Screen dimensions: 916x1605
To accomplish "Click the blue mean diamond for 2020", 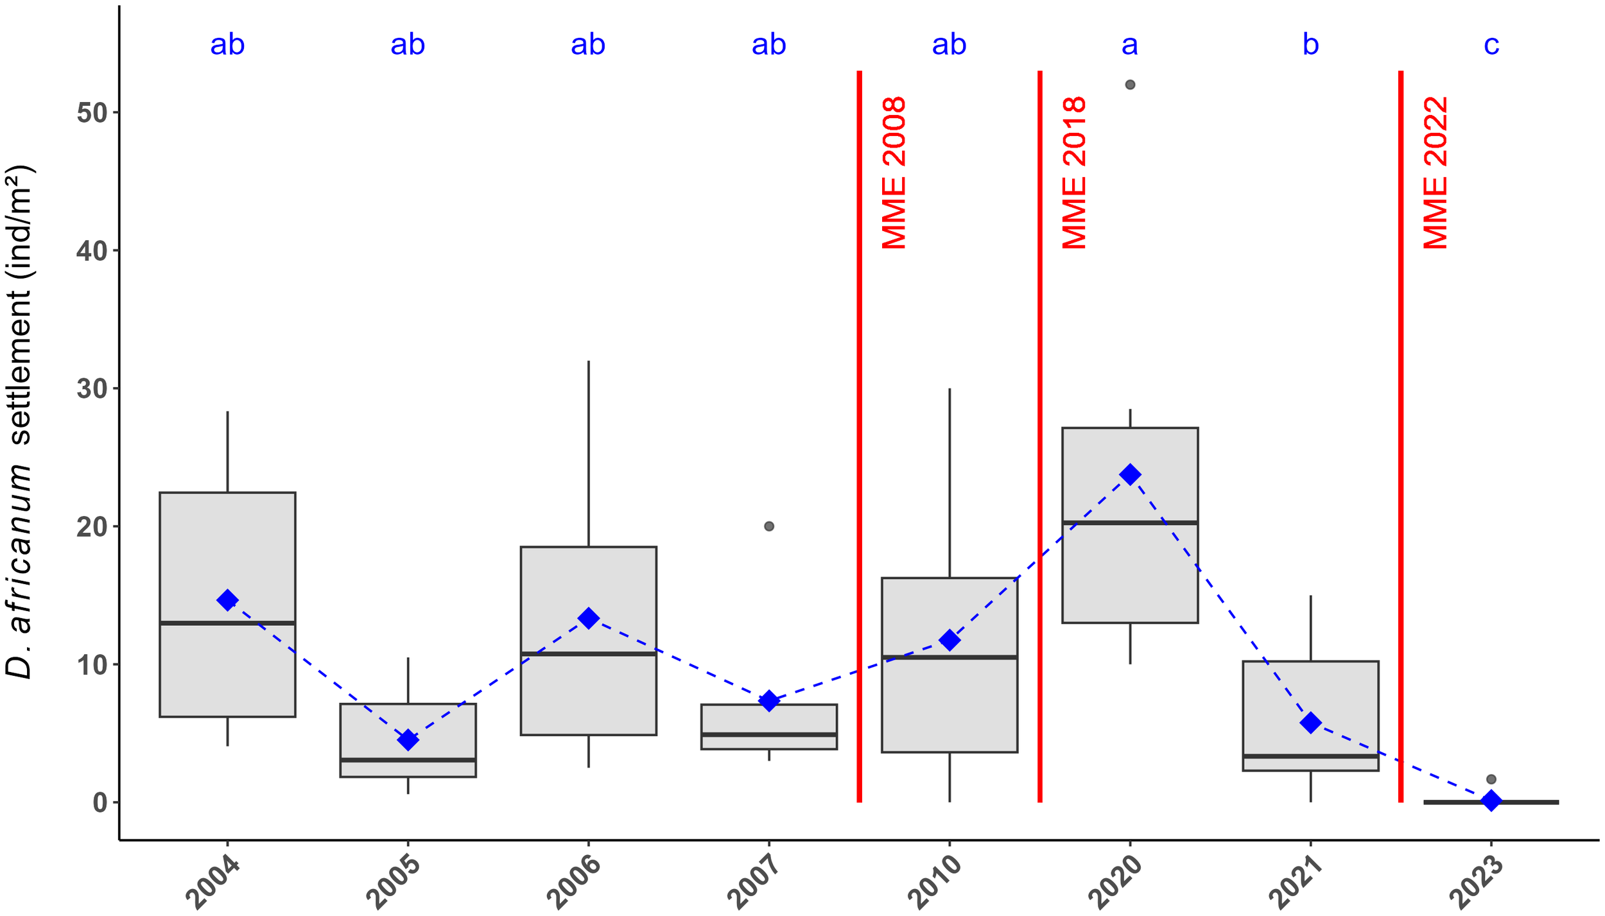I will [x=1130, y=475].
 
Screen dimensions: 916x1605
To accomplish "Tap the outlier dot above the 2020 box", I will [x=1130, y=85].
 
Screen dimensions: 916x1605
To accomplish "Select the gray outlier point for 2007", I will [x=769, y=526].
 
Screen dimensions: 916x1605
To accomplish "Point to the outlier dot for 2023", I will [x=1491, y=779].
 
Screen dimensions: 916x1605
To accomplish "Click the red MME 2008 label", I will [x=894, y=173].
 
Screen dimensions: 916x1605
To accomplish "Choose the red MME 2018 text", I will [x=1074, y=173].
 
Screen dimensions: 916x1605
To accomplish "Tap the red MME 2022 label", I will [x=1436, y=173].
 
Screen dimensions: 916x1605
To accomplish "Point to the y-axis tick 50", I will [x=92, y=113].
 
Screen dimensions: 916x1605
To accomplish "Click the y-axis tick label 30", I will [x=92, y=389].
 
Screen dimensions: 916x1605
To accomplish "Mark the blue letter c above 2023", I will [x=1491, y=45].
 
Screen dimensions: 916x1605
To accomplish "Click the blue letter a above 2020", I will [x=1130, y=45].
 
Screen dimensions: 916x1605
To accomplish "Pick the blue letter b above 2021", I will [x=1310, y=45].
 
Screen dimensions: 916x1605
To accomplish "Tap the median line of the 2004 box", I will [x=227, y=623].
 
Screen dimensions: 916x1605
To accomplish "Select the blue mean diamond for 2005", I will [x=408, y=739].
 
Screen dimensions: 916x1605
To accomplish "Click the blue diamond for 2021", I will [x=1310, y=723].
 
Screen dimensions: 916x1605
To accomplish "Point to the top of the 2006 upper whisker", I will [x=589, y=362].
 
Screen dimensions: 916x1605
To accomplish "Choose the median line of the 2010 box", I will [x=950, y=657].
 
